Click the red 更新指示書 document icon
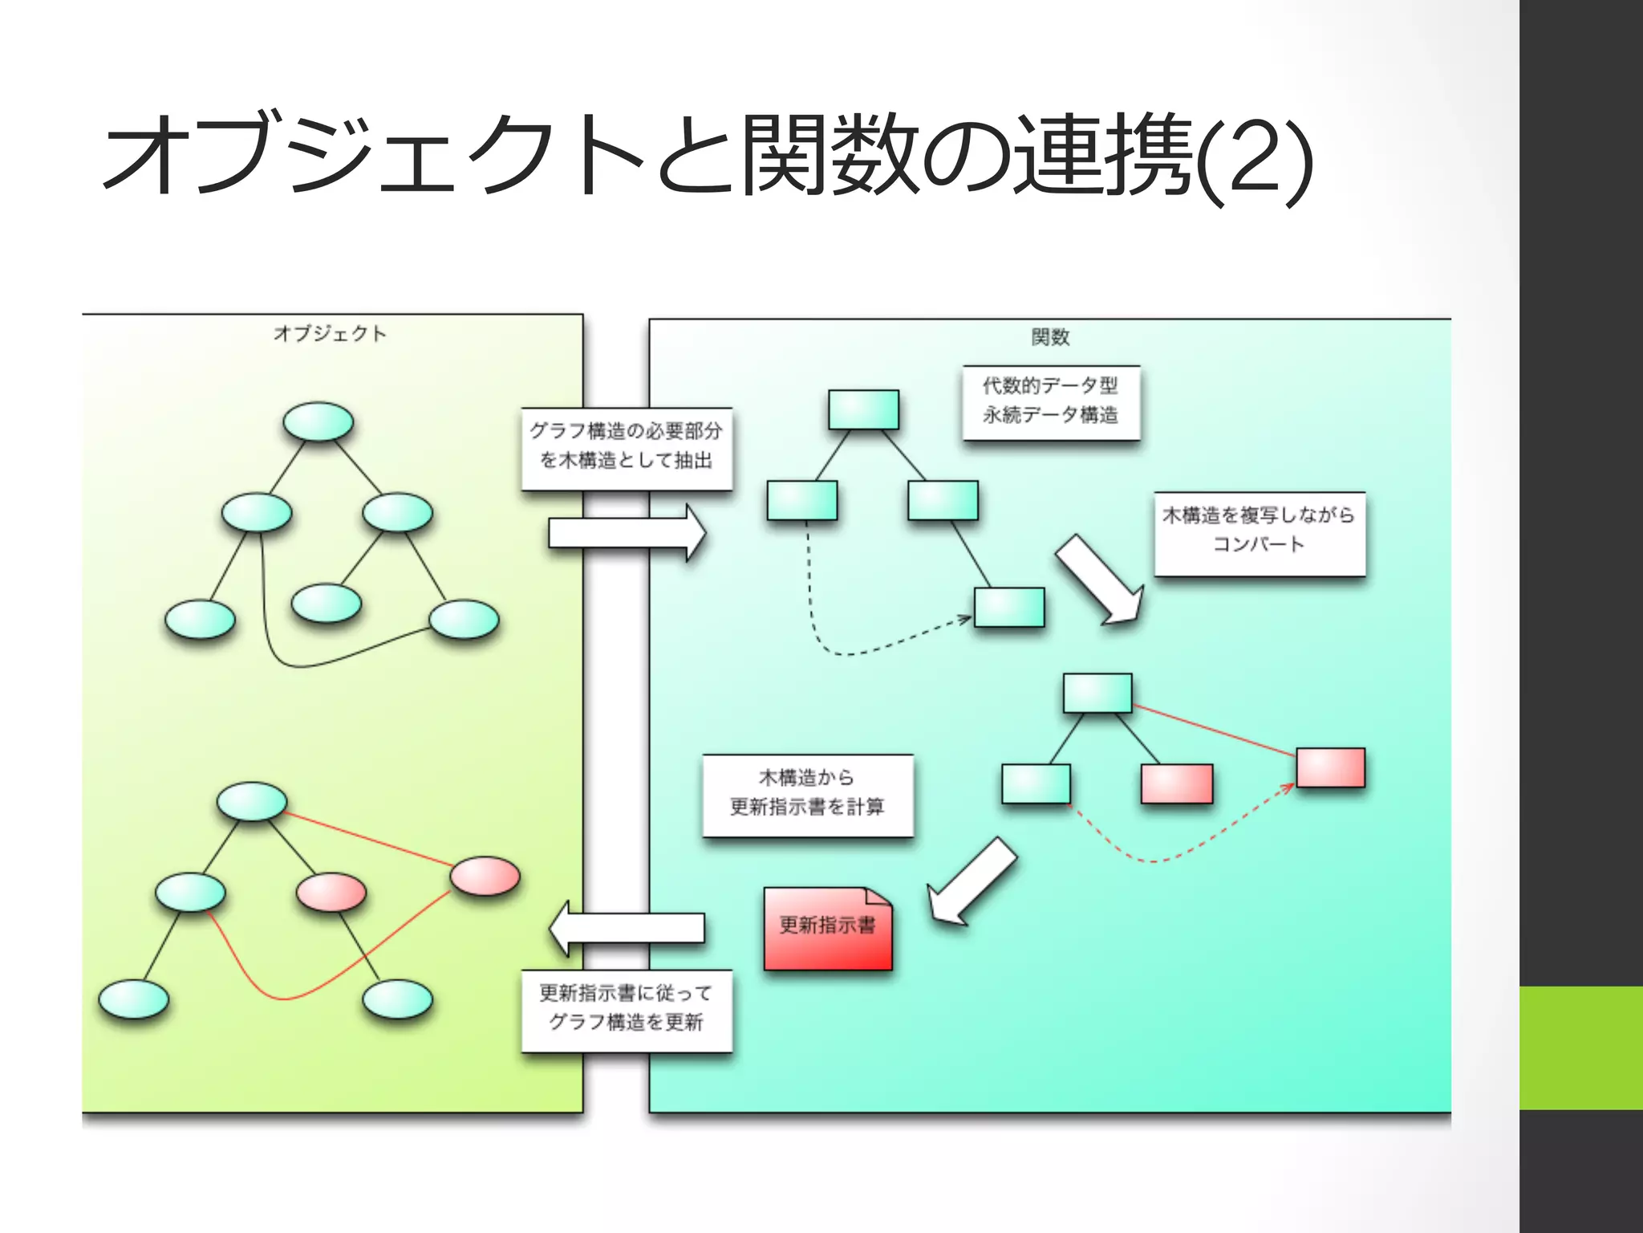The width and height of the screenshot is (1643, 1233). (x=827, y=929)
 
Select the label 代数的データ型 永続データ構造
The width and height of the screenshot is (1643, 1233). (x=1050, y=401)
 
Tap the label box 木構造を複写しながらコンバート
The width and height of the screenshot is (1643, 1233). (x=1259, y=532)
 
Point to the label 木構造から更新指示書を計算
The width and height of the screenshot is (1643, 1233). (x=807, y=794)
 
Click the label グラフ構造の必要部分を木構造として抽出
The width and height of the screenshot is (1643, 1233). (x=626, y=448)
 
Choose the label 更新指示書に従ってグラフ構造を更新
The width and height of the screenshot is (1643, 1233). (x=626, y=1010)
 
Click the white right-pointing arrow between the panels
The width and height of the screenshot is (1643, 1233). (x=626, y=533)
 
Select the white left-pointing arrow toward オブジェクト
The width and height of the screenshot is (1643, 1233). (x=626, y=928)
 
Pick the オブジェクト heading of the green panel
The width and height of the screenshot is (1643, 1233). (x=330, y=334)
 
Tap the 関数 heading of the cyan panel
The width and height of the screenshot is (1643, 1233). (x=1050, y=337)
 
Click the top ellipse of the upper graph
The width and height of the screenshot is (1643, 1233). (x=318, y=421)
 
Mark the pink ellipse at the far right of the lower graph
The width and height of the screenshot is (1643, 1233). (x=485, y=876)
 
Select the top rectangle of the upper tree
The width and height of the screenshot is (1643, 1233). (x=863, y=409)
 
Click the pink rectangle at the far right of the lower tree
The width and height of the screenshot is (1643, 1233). (x=1330, y=767)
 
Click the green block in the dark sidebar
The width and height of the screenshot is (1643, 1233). (x=1580, y=1048)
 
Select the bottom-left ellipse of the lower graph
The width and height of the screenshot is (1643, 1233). (x=133, y=999)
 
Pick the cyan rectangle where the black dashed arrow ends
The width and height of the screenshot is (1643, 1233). (x=1009, y=607)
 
